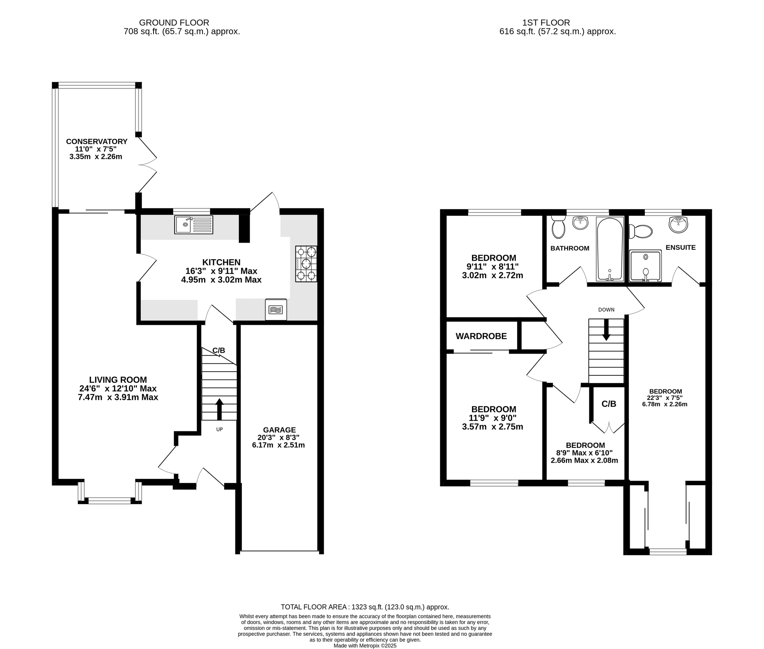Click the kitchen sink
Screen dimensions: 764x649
point(194,225)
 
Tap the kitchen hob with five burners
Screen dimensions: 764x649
point(306,264)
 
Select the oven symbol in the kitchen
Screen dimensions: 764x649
point(276,309)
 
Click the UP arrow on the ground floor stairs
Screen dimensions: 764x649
point(219,409)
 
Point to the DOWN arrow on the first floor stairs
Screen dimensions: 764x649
point(606,330)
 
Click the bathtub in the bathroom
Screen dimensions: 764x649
point(610,249)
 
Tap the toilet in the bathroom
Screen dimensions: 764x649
point(558,227)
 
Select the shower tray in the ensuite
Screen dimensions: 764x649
point(646,266)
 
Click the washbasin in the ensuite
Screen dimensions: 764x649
point(678,224)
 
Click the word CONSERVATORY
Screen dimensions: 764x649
point(97,141)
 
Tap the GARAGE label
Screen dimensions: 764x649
point(279,430)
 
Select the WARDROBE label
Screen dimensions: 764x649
point(481,336)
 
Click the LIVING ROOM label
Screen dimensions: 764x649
point(118,380)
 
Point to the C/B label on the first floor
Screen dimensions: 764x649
point(609,404)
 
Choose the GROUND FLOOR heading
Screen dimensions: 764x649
point(174,23)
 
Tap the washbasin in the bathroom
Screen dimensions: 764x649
point(580,223)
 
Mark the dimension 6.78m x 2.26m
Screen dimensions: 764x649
point(665,404)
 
